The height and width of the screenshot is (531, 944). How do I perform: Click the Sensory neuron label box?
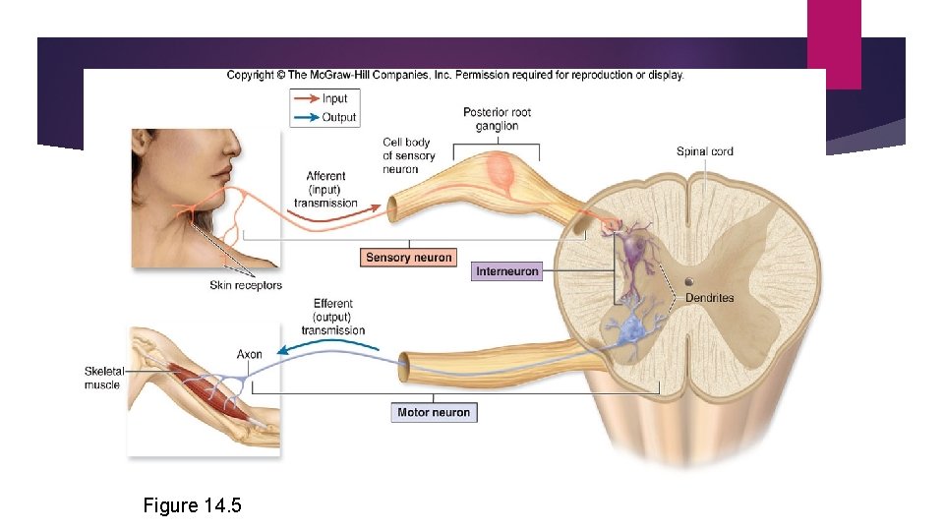click(x=408, y=258)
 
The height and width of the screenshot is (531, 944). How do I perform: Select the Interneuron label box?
click(x=506, y=270)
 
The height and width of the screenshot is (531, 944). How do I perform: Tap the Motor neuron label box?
click(x=434, y=413)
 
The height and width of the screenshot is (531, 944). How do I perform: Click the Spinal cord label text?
click(x=704, y=151)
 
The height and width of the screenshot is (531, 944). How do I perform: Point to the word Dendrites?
click(x=709, y=298)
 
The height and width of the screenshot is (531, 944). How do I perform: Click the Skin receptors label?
click(x=245, y=286)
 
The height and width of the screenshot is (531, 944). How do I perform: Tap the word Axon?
click(x=249, y=354)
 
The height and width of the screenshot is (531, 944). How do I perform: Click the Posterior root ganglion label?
click(x=497, y=119)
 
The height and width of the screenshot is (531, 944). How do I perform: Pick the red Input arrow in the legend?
click(x=306, y=98)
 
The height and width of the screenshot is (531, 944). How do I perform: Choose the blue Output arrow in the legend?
click(x=306, y=117)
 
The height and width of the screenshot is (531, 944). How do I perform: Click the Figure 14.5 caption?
click(x=192, y=505)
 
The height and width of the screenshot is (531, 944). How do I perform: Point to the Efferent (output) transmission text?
click(x=332, y=317)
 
